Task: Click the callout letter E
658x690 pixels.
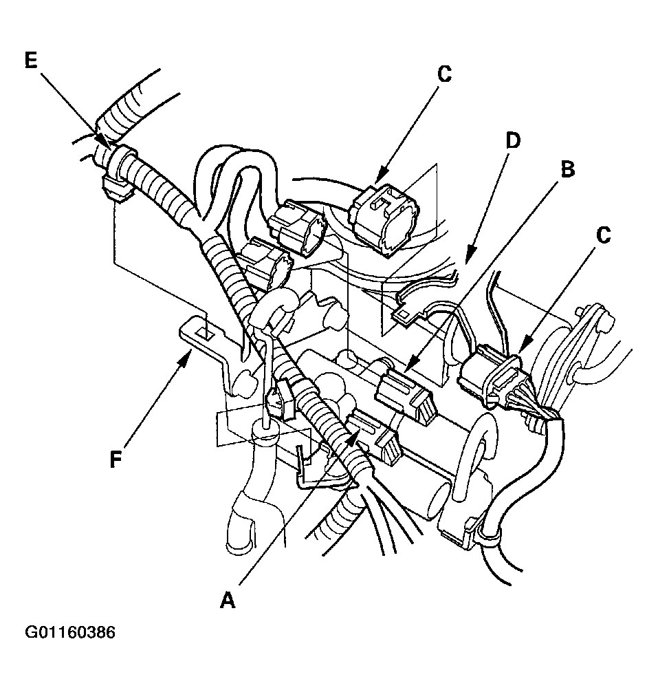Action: [30, 61]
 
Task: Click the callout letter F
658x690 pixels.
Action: [116, 459]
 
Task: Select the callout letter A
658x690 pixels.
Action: [228, 599]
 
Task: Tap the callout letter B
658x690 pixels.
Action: [568, 169]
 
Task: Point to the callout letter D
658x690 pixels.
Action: [512, 140]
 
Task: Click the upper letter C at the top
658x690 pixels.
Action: [445, 74]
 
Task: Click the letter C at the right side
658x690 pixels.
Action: [604, 235]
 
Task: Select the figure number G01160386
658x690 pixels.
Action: [70, 632]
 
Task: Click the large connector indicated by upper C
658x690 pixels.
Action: [386, 219]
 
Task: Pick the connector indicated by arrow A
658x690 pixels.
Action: [374, 435]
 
